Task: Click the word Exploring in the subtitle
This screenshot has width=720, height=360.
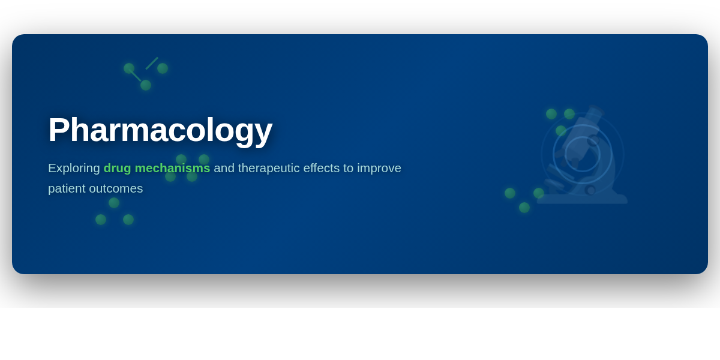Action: [x=74, y=169]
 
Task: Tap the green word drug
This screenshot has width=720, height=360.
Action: [x=118, y=169]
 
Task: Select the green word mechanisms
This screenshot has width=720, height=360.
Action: [x=172, y=168]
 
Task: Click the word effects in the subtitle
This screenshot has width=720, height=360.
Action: [x=322, y=168]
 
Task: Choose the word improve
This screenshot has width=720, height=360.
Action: [x=379, y=169]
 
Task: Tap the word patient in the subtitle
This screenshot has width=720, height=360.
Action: [x=67, y=188]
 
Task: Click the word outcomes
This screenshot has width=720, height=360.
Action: [x=116, y=188]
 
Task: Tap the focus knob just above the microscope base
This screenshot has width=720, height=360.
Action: [x=590, y=190]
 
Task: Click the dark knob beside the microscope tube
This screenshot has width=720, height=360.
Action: [x=593, y=140]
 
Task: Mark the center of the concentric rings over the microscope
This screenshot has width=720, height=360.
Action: [x=583, y=154]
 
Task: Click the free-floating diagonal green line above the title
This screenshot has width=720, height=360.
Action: [x=152, y=64]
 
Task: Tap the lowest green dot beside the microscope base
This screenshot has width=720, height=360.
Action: [x=524, y=208]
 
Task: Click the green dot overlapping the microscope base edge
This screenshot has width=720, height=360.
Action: [x=539, y=193]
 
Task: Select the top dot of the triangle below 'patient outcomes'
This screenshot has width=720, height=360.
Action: [x=114, y=203]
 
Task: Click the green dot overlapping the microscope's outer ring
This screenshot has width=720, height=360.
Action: [x=561, y=131]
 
